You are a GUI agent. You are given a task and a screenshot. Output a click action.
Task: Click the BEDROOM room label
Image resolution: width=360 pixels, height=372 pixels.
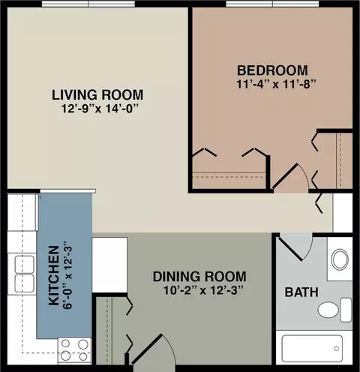(272, 70)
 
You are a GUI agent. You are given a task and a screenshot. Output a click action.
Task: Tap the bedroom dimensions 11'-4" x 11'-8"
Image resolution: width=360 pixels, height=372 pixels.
(277, 84)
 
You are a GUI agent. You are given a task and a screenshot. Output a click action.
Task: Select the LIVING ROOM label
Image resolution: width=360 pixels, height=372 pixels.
(97, 94)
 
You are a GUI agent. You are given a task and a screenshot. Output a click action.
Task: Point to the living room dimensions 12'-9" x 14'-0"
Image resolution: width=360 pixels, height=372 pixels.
(100, 109)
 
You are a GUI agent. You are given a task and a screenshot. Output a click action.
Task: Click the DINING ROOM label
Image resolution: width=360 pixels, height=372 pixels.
(199, 277)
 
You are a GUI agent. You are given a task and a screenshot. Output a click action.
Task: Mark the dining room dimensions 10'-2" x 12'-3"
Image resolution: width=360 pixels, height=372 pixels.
(203, 290)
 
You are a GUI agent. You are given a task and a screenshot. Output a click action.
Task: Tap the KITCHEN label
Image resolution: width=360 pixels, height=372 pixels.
(54, 276)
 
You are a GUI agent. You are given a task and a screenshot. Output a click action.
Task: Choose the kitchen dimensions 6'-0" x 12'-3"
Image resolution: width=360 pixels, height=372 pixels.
(67, 275)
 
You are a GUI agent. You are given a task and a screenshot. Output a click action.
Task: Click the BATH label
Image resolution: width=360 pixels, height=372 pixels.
(301, 292)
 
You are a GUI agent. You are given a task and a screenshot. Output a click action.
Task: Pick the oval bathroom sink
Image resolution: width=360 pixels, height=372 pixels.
(340, 259)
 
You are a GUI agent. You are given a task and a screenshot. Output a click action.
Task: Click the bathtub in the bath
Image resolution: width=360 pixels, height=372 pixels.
(312, 349)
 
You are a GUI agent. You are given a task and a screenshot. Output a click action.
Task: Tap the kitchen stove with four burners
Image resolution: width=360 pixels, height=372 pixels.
(74, 350)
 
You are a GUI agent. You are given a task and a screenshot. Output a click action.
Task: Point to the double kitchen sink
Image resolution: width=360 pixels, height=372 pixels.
(25, 274)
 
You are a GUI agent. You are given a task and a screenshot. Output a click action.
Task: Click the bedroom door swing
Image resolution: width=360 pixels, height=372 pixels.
(291, 178)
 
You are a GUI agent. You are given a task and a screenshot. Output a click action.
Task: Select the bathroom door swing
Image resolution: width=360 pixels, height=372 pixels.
(295, 247)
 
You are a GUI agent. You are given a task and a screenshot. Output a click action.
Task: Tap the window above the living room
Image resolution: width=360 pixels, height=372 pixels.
(88, 4)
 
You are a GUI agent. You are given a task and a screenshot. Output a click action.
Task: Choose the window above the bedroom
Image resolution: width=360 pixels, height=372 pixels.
(272, 4)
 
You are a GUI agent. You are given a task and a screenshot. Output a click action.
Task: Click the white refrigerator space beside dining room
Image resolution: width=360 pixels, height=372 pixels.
(109, 265)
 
